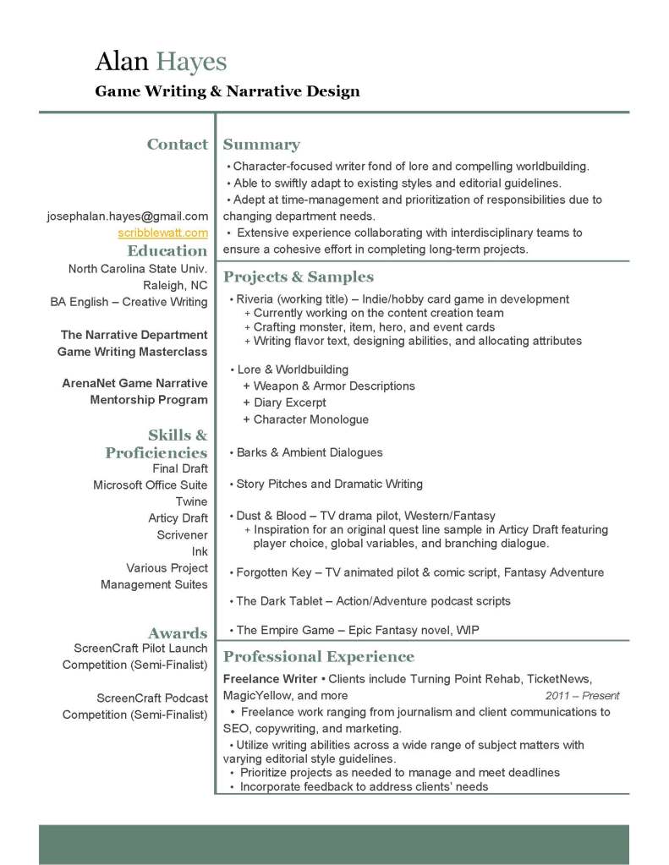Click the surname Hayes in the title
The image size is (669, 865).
pyautogui.click(x=191, y=62)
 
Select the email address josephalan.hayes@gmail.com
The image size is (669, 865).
pyautogui.click(x=127, y=216)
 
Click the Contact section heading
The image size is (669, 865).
pyautogui.click(x=177, y=145)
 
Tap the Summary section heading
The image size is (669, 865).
pyautogui.click(x=261, y=145)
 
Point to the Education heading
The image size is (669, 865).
pyautogui.click(x=167, y=250)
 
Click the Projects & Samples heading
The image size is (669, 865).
pyautogui.click(x=298, y=277)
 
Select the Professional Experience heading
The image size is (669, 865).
pyautogui.click(x=318, y=657)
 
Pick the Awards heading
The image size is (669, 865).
pyautogui.click(x=178, y=633)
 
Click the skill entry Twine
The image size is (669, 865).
pyautogui.click(x=192, y=501)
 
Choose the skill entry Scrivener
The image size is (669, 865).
pyautogui.click(x=182, y=534)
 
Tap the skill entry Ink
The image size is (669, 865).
pyautogui.click(x=200, y=551)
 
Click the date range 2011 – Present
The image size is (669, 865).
pyautogui.click(x=582, y=696)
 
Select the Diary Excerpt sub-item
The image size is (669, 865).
pyautogui.click(x=289, y=402)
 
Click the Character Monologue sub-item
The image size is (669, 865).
pyautogui.click(x=310, y=419)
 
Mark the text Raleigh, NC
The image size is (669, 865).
pyautogui.click(x=175, y=285)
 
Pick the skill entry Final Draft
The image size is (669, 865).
pyautogui.click(x=180, y=468)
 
